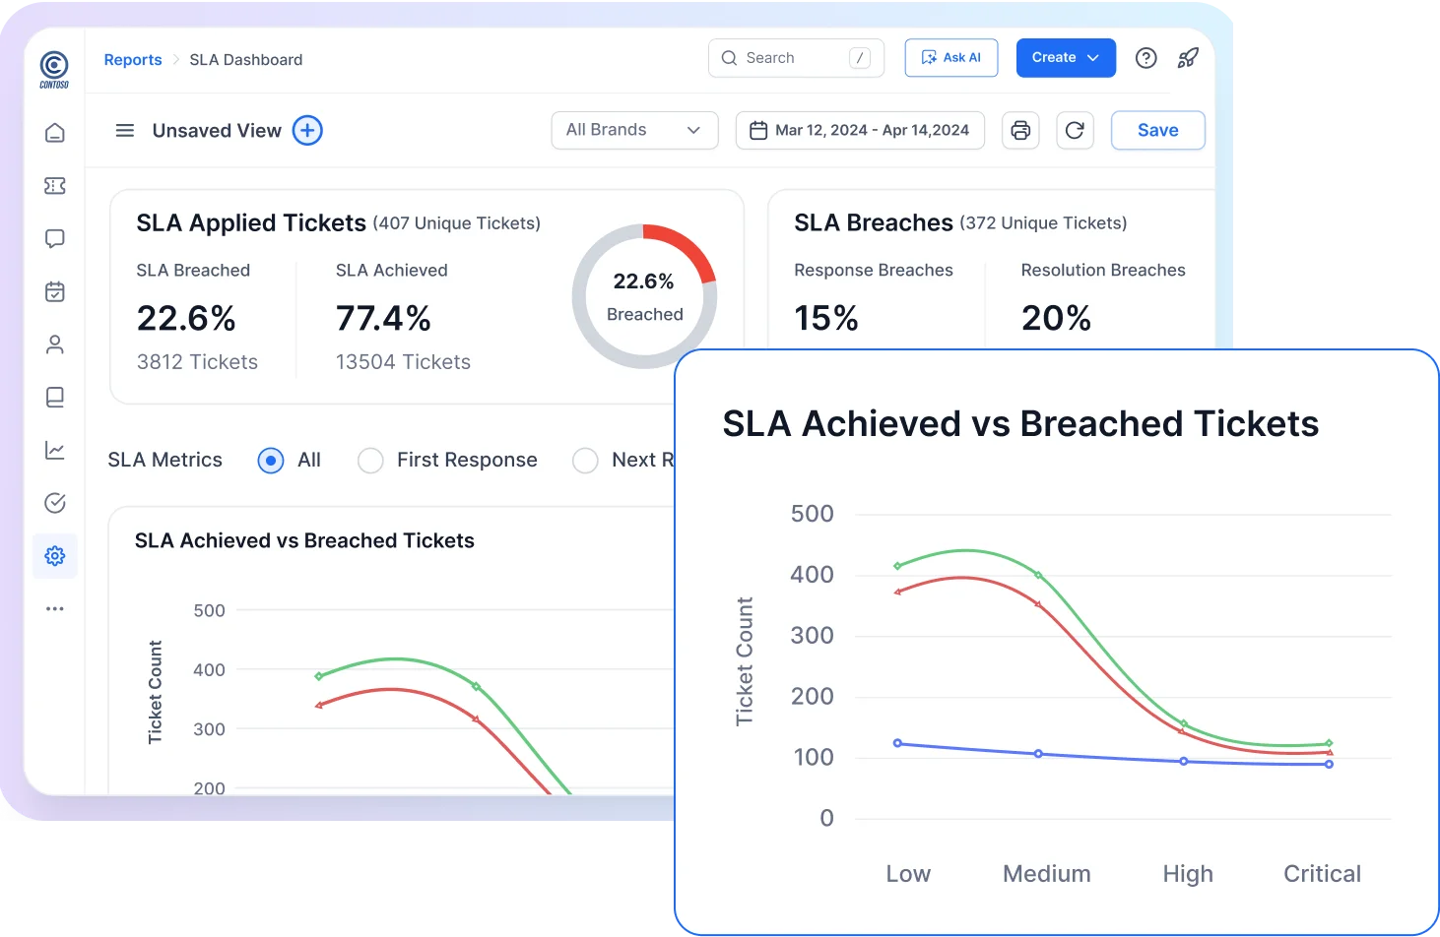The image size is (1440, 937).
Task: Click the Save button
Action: pyautogui.click(x=1157, y=130)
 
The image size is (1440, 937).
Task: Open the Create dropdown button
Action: pyautogui.click(x=1065, y=58)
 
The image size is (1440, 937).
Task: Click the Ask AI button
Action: pyautogui.click(x=950, y=58)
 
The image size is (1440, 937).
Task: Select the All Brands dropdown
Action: pyautogui.click(x=633, y=130)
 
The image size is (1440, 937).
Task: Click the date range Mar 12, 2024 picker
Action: pyautogui.click(x=860, y=130)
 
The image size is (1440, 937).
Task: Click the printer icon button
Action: pyautogui.click(x=1020, y=130)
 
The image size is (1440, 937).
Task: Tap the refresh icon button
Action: pyautogui.click(x=1075, y=130)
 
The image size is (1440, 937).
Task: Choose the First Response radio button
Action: pyautogui.click(x=370, y=461)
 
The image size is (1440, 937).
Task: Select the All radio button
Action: pyautogui.click(x=271, y=461)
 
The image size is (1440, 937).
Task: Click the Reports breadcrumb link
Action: pyautogui.click(x=133, y=60)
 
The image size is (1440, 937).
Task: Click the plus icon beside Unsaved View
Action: pyautogui.click(x=307, y=130)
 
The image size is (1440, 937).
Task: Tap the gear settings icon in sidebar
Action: pyautogui.click(x=55, y=556)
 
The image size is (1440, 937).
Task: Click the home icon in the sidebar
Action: pyautogui.click(x=55, y=133)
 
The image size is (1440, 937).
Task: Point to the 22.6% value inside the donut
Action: pyautogui.click(x=643, y=281)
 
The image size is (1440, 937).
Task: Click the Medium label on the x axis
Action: pyautogui.click(x=1046, y=873)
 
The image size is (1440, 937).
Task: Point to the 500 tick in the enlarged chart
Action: pyautogui.click(x=812, y=514)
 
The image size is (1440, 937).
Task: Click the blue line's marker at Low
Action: pyautogui.click(x=897, y=743)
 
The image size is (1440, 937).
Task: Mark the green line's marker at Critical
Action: pyautogui.click(x=1329, y=743)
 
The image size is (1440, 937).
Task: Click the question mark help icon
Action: pyautogui.click(x=1145, y=58)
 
